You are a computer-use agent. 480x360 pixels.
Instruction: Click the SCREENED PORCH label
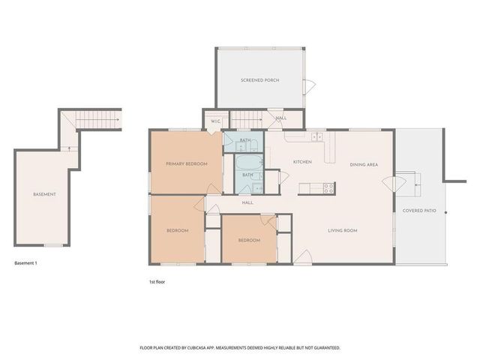tap(260, 79)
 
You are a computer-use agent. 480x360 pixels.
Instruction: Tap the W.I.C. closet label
tap(215, 121)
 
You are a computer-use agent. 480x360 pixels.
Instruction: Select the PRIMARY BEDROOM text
tap(186, 163)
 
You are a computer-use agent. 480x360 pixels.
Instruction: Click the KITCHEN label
tap(302, 162)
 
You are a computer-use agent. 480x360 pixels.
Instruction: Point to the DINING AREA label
tap(363, 164)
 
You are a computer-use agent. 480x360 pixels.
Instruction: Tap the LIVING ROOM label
tap(341, 230)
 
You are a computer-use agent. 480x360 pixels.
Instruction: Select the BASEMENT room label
tap(44, 194)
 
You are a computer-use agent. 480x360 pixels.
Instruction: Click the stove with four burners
tap(328, 188)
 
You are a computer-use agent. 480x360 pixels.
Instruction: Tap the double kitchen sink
tap(317, 137)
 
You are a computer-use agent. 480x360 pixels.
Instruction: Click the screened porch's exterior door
tap(307, 85)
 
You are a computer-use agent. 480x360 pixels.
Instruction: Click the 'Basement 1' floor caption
tap(26, 263)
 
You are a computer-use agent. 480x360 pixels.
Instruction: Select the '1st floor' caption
tap(157, 281)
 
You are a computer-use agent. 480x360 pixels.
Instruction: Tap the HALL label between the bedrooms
tap(247, 202)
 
